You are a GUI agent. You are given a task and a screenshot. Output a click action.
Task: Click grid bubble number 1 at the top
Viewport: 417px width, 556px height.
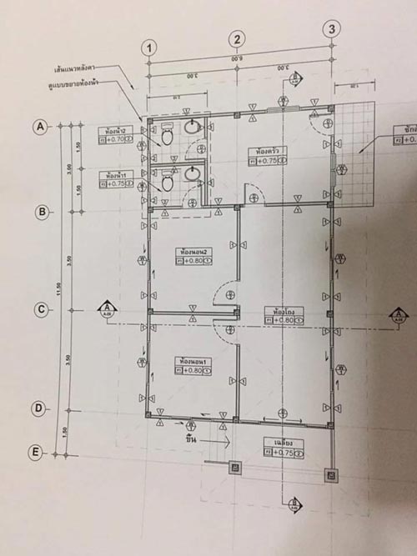point(149,47)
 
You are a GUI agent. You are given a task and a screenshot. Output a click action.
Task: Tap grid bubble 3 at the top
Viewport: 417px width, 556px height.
point(332,29)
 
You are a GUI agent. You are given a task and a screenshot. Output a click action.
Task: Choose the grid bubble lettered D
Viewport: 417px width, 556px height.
point(37,408)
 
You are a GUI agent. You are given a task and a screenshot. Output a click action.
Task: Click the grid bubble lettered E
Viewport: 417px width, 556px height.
point(35,452)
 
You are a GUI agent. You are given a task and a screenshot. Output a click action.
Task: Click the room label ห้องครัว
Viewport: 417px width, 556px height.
point(265,151)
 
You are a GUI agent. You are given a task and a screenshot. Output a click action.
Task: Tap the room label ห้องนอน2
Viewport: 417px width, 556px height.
point(192,250)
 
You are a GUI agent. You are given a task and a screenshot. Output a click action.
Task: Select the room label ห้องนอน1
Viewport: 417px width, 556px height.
point(191,360)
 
